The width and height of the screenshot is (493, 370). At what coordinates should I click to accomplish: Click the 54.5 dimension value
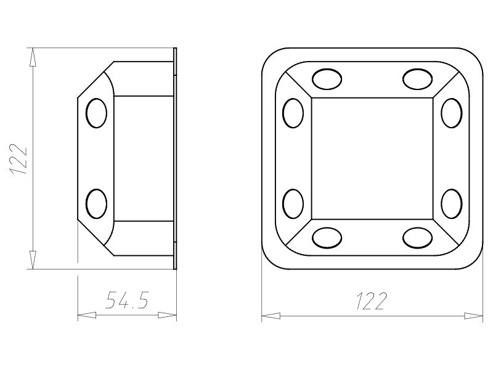tap(127, 300)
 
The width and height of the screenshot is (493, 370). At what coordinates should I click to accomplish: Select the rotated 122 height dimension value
tap(18, 160)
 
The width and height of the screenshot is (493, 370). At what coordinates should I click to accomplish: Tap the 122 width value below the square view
tap(371, 301)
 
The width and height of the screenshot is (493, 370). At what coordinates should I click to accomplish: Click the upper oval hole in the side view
tap(97, 113)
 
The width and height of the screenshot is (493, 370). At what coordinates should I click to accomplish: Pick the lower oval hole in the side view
tap(97, 203)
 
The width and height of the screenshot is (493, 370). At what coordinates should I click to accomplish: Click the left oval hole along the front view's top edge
tap(327, 79)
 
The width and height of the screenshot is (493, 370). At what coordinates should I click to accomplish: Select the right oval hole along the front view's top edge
tap(418, 79)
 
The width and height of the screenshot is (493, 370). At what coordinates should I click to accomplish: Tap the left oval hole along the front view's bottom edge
tap(327, 238)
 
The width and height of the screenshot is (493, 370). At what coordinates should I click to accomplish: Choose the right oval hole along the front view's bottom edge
tap(418, 238)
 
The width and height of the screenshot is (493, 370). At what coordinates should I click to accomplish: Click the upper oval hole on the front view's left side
tap(293, 113)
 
